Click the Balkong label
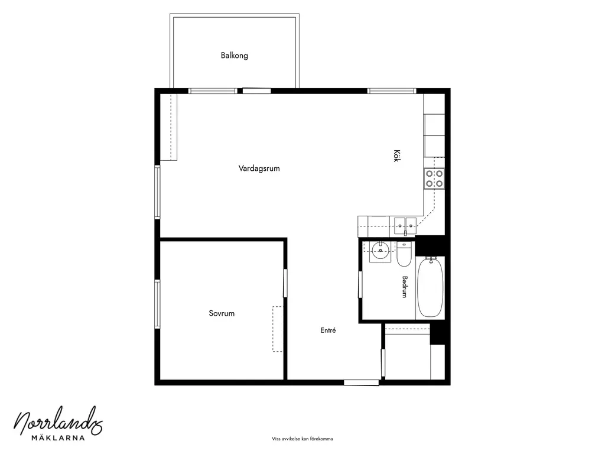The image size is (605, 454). (x=234, y=56)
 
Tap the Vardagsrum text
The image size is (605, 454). (x=259, y=168)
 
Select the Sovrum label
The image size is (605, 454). (x=222, y=313)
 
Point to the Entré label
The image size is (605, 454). (x=328, y=330)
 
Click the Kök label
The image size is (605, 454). (x=396, y=155)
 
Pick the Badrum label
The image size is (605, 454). (x=405, y=287)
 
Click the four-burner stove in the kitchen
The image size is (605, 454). (x=434, y=179)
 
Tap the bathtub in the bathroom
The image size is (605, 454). (x=430, y=287)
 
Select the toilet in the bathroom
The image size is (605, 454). (x=404, y=254)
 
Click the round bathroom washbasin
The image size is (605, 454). (x=380, y=251)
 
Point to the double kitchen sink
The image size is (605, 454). (x=405, y=225)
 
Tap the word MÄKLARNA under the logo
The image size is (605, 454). (x=58, y=438)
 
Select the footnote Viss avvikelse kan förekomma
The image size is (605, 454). (x=302, y=439)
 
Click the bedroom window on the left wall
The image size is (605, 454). (x=157, y=304)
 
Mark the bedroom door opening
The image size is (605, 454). (x=285, y=283)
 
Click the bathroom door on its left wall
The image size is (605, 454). (x=360, y=284)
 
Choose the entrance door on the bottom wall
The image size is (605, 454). (x=362, y=382)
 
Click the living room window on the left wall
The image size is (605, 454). (x=157, y=192)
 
